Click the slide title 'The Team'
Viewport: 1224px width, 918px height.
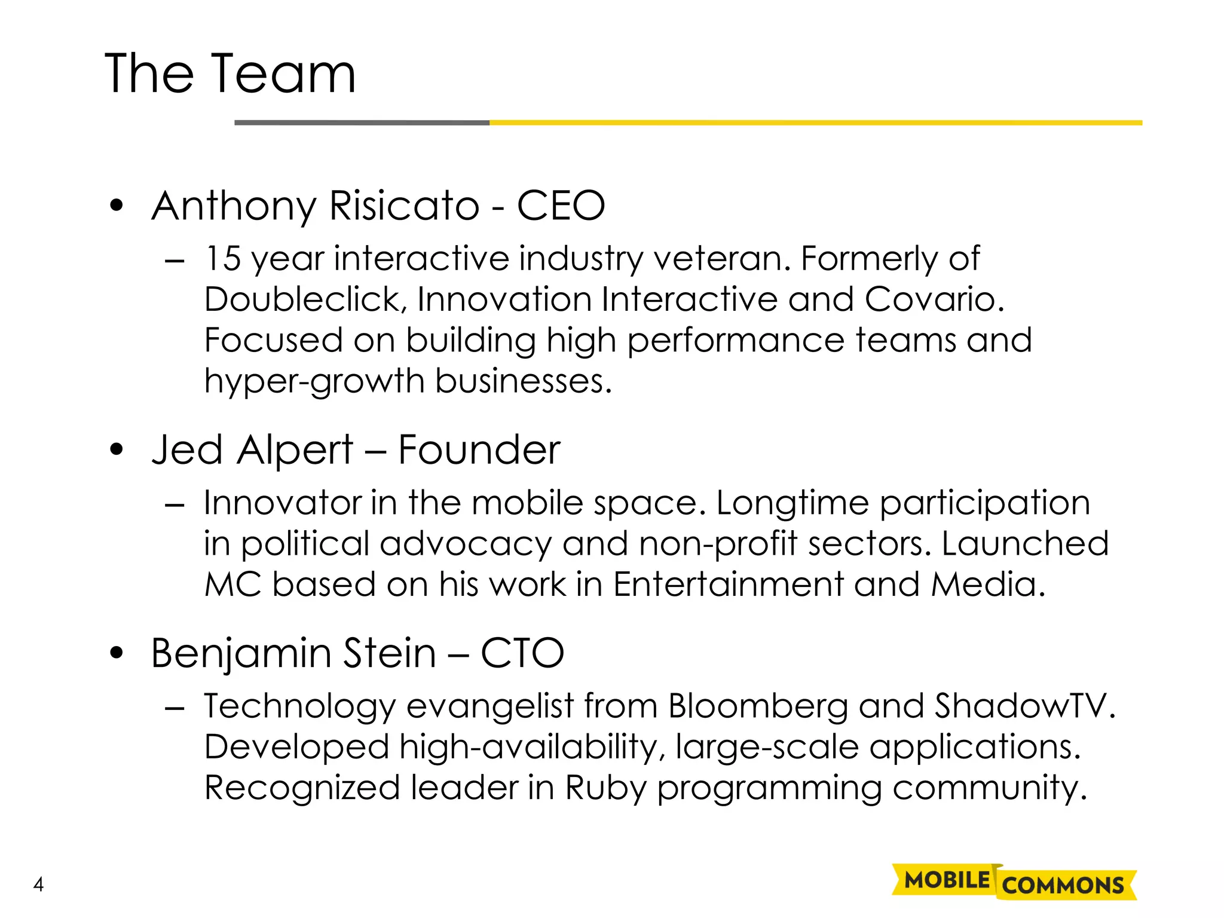coord(230,74)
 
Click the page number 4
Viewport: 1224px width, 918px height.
coord(39,884)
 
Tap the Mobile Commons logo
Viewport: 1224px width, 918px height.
coord(1014,882)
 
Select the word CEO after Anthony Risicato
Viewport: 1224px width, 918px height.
coord(561,206)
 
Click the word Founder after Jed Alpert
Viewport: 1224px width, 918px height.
coord(479,449)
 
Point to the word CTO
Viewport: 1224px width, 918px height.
coord(522,653)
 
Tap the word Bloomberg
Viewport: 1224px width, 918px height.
coord(758,706)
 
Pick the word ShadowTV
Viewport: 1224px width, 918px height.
coord(1024,706)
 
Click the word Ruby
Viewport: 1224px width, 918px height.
coord(605,788)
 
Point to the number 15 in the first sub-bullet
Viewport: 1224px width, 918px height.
coord(223,259)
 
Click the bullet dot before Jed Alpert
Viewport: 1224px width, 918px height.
coord(117,449)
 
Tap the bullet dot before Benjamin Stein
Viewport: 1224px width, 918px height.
coord(117,653)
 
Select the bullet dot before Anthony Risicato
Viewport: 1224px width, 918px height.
coord(117,206)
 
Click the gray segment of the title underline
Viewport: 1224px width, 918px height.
coord(362,123)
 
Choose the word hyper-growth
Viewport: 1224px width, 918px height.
coord(314,381)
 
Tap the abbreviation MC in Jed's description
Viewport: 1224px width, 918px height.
coord(233,584)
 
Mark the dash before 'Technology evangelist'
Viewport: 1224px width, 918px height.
coord(174,708)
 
